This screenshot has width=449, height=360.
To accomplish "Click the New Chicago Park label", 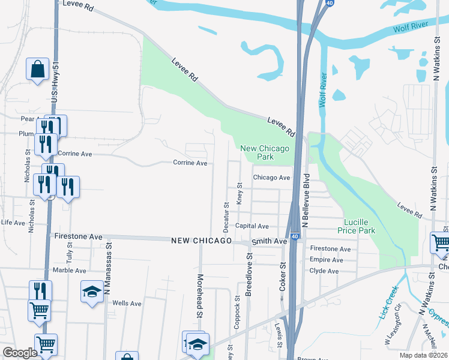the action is (x=265, y=152).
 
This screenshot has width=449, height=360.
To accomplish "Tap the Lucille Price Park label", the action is (x=360, y=226).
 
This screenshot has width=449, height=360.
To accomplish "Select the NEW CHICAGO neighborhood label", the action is (x=201, y=241).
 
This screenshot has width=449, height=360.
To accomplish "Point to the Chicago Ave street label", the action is (x=271, y=178).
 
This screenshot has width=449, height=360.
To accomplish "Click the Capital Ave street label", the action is (x=252, y=226).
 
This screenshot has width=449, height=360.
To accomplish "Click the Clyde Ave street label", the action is (x=325, y=271).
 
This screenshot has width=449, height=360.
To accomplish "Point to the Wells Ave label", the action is (x=127, y=304).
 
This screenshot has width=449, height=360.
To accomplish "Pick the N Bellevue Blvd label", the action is (x=306, y=200).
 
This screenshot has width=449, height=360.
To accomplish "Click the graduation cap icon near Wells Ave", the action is (x=92, y=292).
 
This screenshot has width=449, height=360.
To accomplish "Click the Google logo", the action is (x=19, y=353).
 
